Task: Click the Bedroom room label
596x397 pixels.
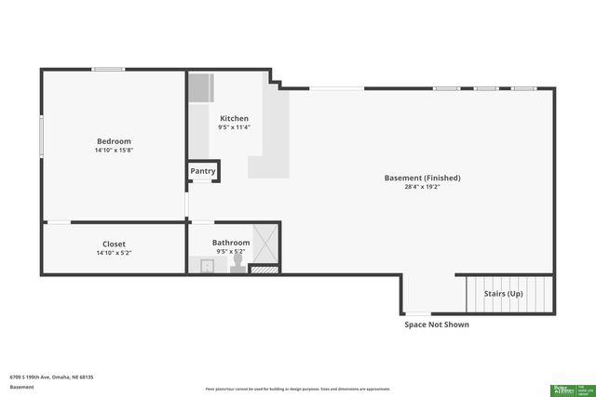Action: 114,140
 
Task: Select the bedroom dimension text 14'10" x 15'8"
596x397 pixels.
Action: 114,150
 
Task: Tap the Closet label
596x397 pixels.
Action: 114,244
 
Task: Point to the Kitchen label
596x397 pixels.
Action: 234,118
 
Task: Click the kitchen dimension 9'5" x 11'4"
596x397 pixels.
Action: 234,127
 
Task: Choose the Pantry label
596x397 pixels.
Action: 203,171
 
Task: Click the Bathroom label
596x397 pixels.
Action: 231,242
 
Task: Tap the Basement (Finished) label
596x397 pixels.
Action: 422,178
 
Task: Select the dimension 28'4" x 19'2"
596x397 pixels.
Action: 422,187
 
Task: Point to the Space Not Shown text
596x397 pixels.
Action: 436,324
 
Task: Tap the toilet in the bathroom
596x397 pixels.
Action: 237,265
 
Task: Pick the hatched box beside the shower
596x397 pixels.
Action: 264,270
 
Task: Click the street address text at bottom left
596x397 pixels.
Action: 51,377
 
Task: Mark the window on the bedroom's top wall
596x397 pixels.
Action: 108,69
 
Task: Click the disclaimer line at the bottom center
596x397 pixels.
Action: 297,389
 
